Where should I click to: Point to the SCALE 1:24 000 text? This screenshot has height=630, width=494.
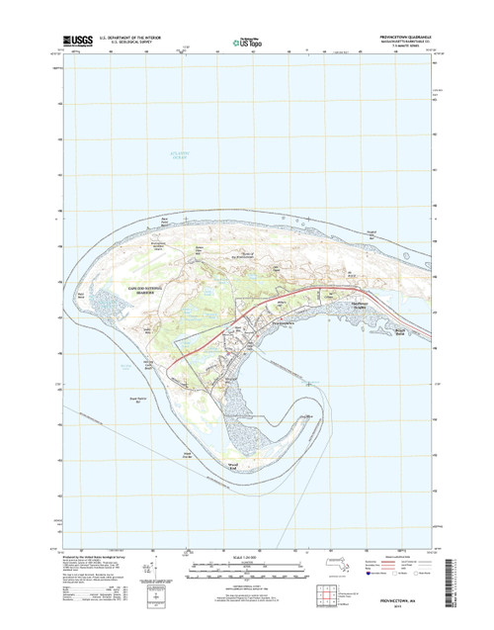[247, 560]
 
